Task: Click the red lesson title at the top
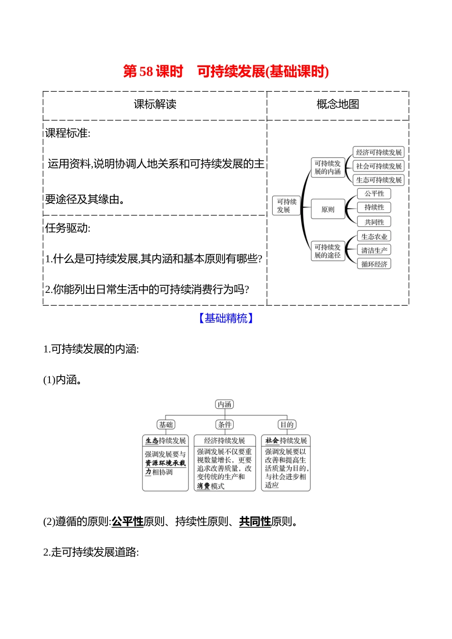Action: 226,71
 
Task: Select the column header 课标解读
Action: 155,104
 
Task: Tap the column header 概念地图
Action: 338,104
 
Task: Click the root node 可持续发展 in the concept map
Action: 286,206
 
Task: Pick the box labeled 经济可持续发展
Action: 379,153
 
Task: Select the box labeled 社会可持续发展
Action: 379,166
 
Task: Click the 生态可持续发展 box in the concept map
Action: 379,180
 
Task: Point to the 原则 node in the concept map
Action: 328,210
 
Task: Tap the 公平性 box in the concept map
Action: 374,194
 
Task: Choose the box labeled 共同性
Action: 374,222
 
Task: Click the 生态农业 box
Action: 374,237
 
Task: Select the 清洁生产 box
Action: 374,251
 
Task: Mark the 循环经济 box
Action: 374,264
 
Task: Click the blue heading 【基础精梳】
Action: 226,319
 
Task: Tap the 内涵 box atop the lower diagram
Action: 225,405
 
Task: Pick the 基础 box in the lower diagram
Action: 166,425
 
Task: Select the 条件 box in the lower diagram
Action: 225,425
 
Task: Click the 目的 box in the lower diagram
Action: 286,425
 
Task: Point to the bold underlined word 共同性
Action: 255,522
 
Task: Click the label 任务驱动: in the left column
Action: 68,228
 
